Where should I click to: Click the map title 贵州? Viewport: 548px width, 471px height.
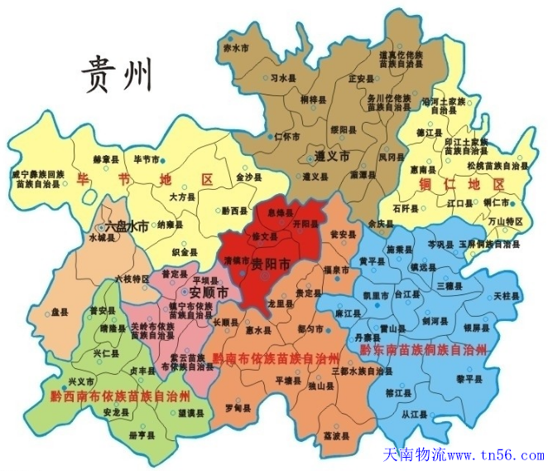click(x=118, y=75)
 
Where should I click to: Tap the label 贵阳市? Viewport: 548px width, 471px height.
click(x=271, y=265)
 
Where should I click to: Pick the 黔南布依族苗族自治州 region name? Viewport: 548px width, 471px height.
click(x=276, y=358)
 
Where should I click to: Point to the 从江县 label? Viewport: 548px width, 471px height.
click(x=411, y=412)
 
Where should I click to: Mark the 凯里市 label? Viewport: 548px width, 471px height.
click(x=374, y=296)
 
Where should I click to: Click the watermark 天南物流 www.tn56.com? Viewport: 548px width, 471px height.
click(x=464, y=455)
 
